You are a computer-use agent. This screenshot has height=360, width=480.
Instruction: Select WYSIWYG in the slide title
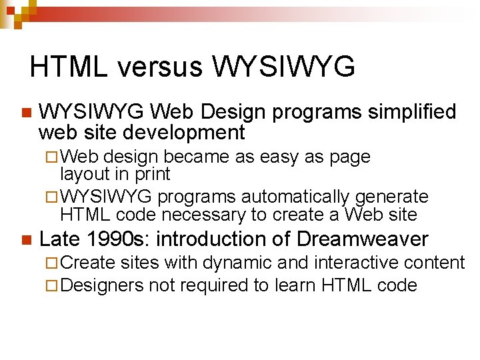[x=283, y=67]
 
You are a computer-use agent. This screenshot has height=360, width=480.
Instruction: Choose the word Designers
[x=105, y=286]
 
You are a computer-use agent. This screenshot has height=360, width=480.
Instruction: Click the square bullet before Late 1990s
[x=25, y=239]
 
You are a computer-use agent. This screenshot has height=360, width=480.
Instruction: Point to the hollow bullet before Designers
[x=55, y=286]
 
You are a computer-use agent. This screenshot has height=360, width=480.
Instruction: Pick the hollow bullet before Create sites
[x=55, y=263]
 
